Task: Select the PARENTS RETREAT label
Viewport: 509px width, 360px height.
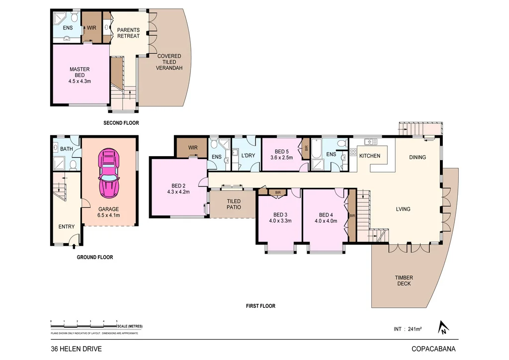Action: [128, 33]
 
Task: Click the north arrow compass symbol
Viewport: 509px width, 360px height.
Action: [442, 327]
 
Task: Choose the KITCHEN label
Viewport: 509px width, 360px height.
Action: [369, 156]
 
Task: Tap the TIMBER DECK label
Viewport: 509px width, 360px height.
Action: [404, 281]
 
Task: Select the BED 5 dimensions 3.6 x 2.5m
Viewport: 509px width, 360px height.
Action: [282, 158]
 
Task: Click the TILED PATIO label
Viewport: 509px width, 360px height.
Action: [234, 204]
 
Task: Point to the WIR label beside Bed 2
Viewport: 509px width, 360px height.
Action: [193, 148]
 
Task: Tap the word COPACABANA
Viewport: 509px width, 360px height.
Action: [433, 349]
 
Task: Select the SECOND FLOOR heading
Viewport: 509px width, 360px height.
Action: [121, 123]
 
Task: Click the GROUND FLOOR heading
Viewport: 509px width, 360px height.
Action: [94, 258]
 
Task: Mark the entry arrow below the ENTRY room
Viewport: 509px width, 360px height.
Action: [74, 245]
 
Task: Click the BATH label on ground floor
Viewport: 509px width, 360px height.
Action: [66, 149]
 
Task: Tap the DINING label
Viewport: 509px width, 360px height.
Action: [417, 157]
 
